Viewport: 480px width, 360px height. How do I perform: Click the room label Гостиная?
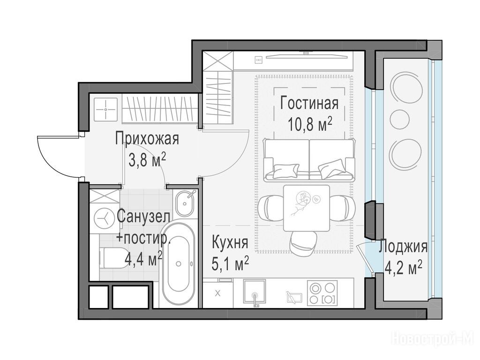pyautogui.click(x=309, y=104)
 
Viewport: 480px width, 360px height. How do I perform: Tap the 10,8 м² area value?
pyautogui.click(x=310, y=124)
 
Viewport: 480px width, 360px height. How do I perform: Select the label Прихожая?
pyautogui.click(x=147, y=139)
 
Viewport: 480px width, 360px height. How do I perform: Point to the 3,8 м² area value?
pyautogui.click(x=147, y=160)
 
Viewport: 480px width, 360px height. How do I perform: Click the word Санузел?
pyautogui.click(x=143, y=217)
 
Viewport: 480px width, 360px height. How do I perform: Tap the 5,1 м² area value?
pyautogui.click(x=230, y=263)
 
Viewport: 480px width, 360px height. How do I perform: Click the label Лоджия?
pyautogui.click(x=403, y=247)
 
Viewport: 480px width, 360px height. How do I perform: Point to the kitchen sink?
pyautogui.click(x=255, y=292)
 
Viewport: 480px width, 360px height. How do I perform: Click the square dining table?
pyautogui.click(x=307, y=208)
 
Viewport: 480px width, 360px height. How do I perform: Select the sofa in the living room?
pyautogui.click(x=309, y=160)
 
